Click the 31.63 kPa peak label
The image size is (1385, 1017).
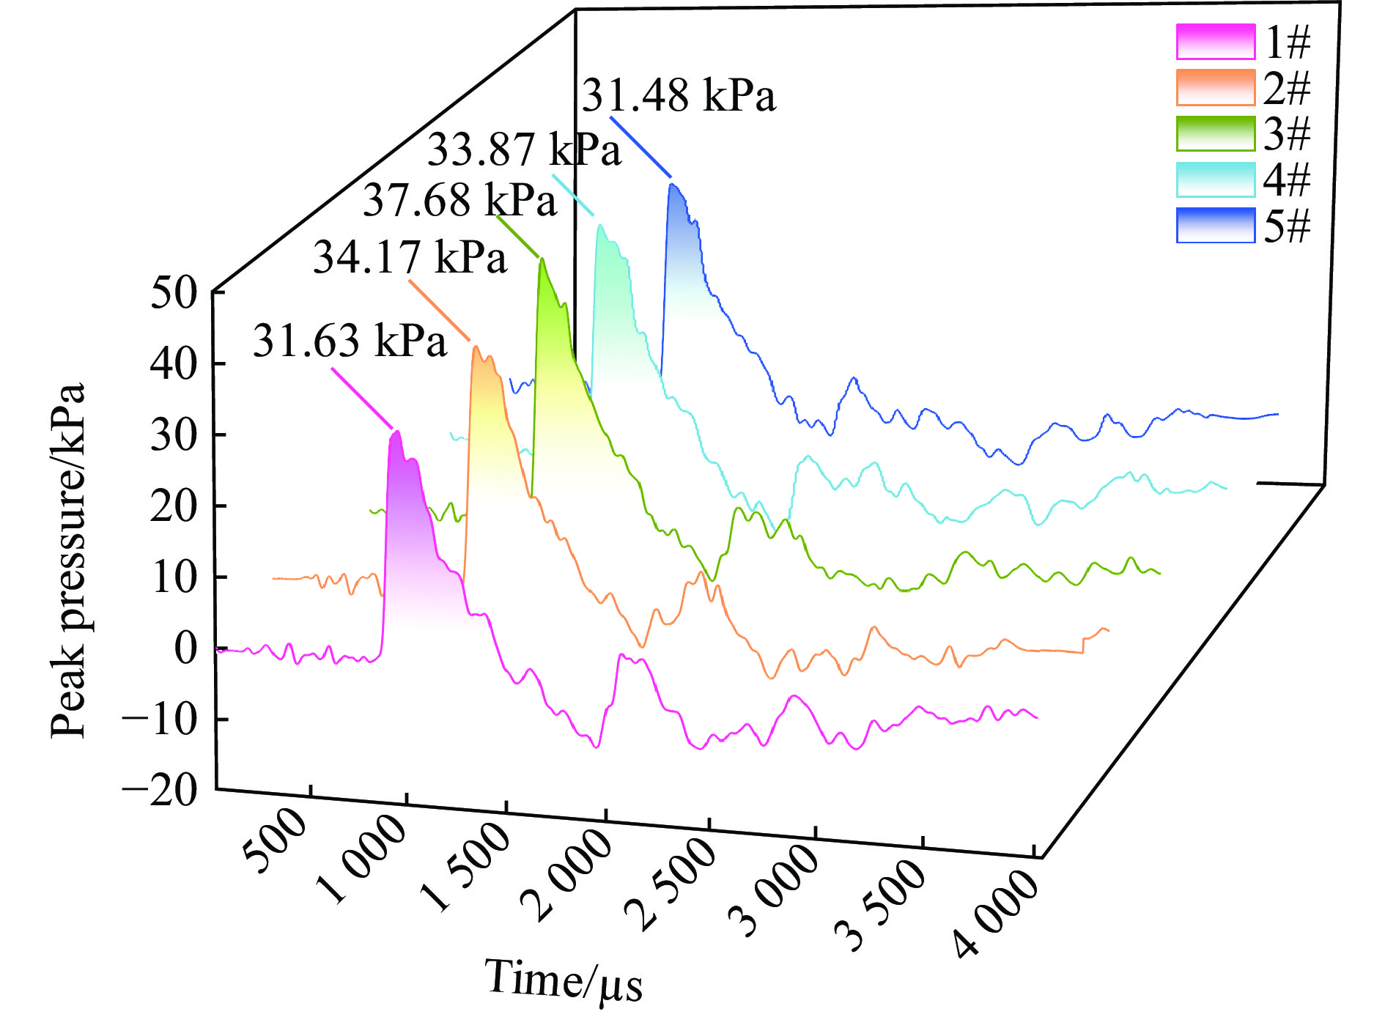click(350, 341)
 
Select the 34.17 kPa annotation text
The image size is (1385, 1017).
click(410, 257)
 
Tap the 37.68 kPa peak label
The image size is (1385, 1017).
click(459, 199)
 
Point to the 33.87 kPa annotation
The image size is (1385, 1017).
click(524, 149)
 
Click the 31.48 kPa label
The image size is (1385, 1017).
click(679, 96)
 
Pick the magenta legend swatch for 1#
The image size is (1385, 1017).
click(1215, 42)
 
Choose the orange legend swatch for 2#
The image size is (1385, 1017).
click(1215, 88)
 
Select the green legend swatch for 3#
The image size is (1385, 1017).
click(1215, 133)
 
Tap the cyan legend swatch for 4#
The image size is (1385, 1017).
click(1215, 180)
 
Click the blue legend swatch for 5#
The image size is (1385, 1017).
click(1215, 225)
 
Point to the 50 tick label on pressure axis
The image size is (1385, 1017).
click(174, 293)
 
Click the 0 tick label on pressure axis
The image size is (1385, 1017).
click(186, 648)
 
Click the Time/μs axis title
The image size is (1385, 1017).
click(563, 980)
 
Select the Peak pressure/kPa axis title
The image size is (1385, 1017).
click(68, 561)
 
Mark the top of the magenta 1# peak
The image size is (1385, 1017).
click(396, 432)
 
